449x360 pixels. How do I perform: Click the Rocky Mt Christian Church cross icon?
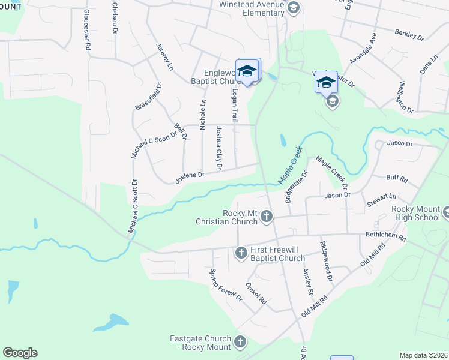267,217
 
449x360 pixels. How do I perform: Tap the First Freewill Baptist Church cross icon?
241,253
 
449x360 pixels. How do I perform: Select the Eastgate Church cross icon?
240,342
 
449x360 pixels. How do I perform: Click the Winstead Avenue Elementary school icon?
294,8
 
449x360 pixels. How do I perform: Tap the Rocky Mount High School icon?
446,212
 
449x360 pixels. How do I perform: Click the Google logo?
20,353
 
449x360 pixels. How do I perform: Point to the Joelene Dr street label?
190,176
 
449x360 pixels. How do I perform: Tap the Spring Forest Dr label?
225,284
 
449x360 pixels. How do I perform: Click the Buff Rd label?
397,178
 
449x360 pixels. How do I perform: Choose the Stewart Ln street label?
384,196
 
